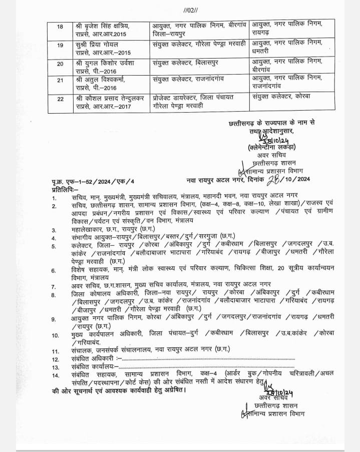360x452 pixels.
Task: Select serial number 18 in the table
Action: (x=60, y=26)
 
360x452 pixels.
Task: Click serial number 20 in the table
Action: (x=60, y=65)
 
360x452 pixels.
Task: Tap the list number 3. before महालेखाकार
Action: (x=54, y=228)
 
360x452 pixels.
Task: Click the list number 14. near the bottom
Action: (x=55, y=374)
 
